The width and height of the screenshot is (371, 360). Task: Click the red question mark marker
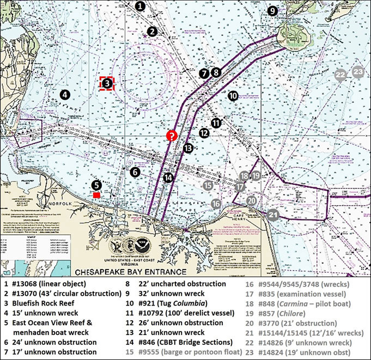(171, 136)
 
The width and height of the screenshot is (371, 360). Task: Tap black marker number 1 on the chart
(140, 7)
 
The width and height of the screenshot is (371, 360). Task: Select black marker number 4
(64, 94)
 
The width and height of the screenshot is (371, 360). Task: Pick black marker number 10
(233, 96)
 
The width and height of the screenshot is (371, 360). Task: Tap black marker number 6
(136, 172)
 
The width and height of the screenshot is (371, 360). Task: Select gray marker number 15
(208, 185)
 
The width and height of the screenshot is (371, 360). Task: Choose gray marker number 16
(216, 203)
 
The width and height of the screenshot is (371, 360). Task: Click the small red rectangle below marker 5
(96, 194)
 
